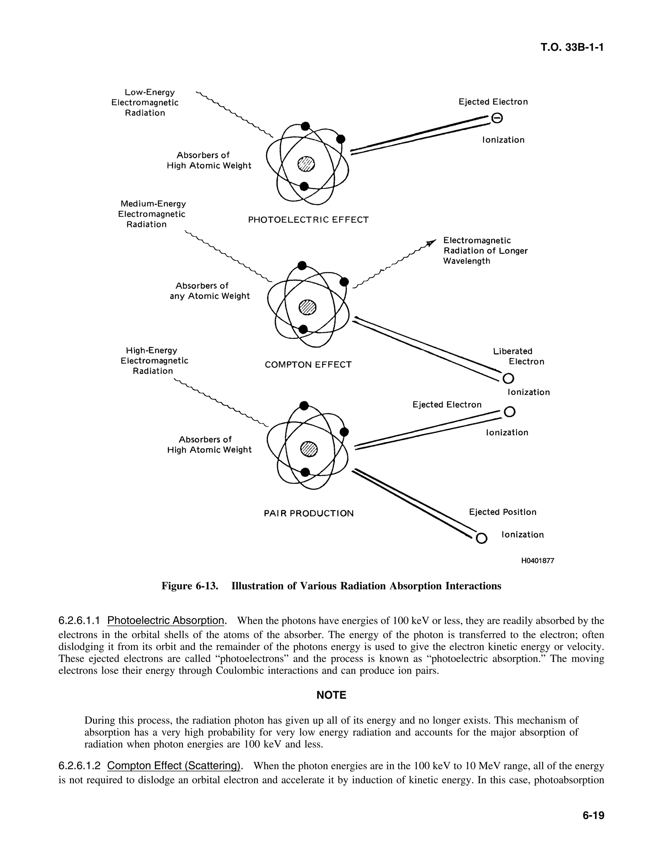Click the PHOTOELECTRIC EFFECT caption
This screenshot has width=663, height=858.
pos(308,220)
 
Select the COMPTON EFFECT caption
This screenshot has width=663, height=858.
pos(308,365)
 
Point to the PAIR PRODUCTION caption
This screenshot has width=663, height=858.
pos(309,514)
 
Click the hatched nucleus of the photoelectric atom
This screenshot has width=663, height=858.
pos(306,164)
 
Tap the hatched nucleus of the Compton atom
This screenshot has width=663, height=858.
pos(308,308)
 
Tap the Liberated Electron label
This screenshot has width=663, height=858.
pos(519,356)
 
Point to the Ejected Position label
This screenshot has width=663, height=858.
pos(502,512)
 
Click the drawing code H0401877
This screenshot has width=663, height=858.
pos(537,560)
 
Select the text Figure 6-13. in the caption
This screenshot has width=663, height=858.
pos(190,586)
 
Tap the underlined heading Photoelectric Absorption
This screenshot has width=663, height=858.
pos(165,621)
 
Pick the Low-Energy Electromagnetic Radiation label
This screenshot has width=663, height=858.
pos(145,103)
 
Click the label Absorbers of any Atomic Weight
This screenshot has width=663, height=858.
pos(209,291)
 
